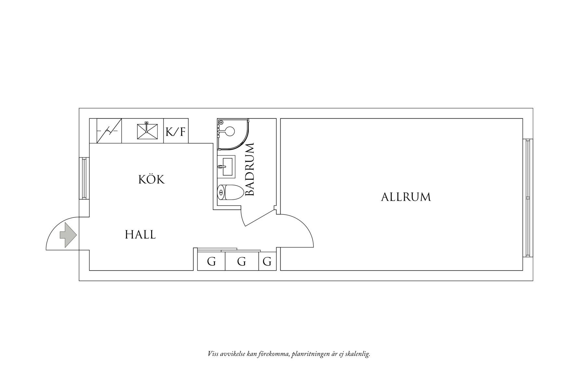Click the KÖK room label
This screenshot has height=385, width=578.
pyautogui.click(x=152, y=179)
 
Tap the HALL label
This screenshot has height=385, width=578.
pyautogui.click(x=140, y=235)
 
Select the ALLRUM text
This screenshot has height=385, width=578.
pyautogui.click(x=406, y=197)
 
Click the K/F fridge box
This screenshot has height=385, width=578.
pyautogui.click(x=176, y=131)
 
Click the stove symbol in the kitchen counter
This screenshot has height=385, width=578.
pyautogui.click(x=109, y=131)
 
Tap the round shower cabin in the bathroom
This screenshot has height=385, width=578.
pyautogui.click(x=232, y=134)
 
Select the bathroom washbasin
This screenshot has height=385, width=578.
pyautogui.click(x=226, y=167)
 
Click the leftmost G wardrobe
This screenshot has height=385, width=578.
pyautogui.click(x=211, y=261)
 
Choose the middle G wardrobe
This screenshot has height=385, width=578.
pyautogui.click(x=241, y=261)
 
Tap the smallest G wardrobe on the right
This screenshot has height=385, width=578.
pyautogui.click(x=267, y=261)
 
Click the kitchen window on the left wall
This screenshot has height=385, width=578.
pyautogui.click(x=84, y=178)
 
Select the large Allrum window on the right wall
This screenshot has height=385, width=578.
pyautogui.click(x=528, y=198)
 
